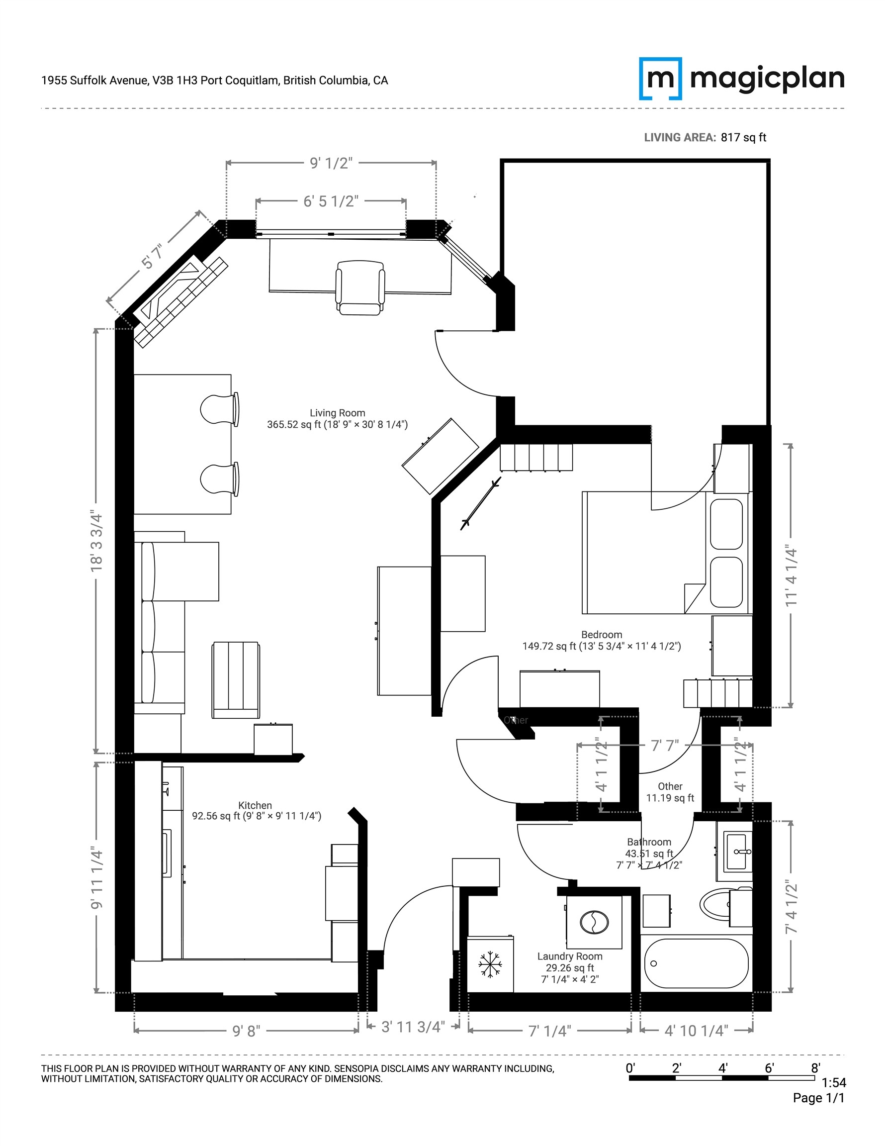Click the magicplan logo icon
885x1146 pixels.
click(x=660, y=79)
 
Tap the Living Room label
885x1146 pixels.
click(x=337, y=413)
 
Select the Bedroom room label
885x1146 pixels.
click(x=601, y=634)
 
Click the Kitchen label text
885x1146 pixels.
click(x=255, y=805)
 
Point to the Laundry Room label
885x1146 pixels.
click(x=569, y=956)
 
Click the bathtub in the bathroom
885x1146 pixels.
click(x=696, y=963)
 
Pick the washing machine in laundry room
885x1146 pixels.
click(x=594, y=922)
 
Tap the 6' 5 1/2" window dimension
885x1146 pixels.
click(x=331, y=201)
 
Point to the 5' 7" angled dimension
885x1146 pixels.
click(x=152, y=256)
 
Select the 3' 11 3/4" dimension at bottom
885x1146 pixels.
click(x=413, y=1027)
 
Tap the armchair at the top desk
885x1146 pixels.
click(x=360, y=287)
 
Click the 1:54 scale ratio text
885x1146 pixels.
click(x=834, y=1082)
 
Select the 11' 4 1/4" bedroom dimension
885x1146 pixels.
click(x=791, y=576)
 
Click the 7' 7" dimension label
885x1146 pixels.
click(x=665, y=746)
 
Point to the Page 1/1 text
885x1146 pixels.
click(x=818, y=1098)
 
